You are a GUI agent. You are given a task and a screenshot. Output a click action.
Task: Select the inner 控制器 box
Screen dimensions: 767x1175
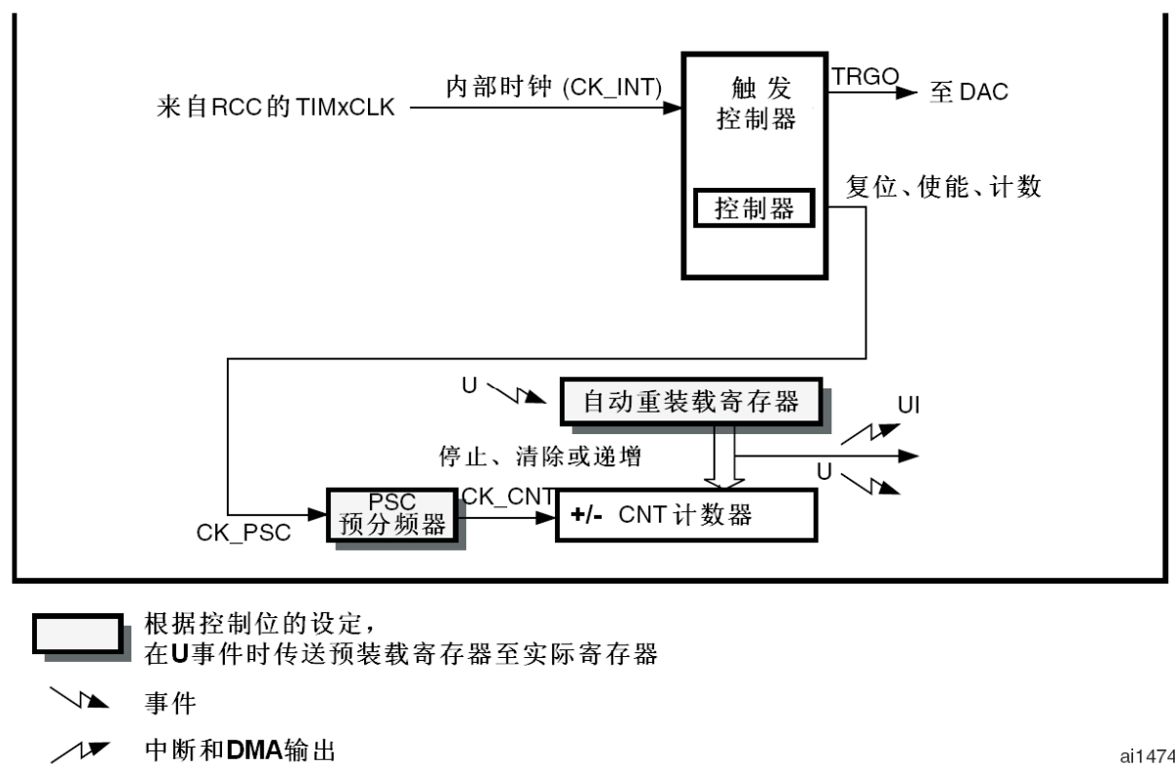tap(753, 207)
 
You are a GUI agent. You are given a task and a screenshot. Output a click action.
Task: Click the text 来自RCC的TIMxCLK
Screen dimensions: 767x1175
tap(275, 107)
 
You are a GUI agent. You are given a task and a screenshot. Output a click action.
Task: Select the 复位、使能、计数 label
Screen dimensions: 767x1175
tap(943, 187)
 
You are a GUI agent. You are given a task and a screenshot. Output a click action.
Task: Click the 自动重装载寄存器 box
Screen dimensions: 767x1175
tap(690, 402)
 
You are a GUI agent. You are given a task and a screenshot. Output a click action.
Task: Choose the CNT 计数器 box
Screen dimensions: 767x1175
tap(685, 515)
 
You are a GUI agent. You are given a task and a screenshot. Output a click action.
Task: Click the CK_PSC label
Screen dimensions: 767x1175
tap(243, 533)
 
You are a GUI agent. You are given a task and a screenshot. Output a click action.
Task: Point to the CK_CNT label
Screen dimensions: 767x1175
tap(508, 495)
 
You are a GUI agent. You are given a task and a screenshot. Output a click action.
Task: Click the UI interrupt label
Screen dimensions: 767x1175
tap(908, 404)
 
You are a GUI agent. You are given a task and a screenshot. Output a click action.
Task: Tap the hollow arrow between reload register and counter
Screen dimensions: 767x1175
tap(723, 457)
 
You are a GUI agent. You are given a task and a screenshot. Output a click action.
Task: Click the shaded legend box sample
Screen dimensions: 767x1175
tap(77, 633)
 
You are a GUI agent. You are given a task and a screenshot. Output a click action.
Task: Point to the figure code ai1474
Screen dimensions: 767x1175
tap(1147, 753)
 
